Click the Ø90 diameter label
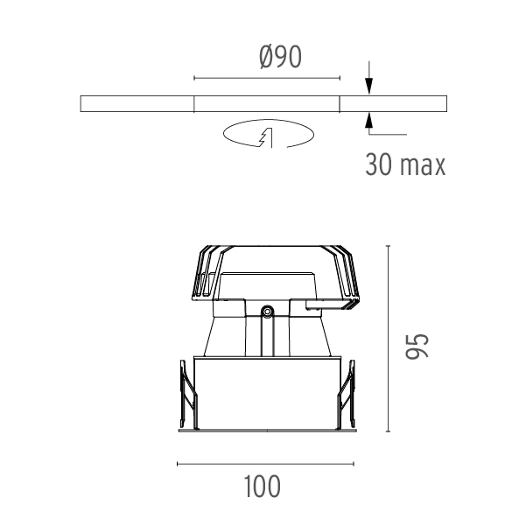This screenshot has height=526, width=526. click(280, 58)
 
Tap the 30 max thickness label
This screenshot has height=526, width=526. click(405, 165)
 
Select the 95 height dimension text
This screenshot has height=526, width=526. click(417, 347)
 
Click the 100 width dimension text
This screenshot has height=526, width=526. click(262, 487)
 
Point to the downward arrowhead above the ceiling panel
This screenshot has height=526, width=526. click(369, 86)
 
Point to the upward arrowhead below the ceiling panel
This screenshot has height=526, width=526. click(369, 121)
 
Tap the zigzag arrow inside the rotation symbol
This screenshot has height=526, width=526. click(266, 137)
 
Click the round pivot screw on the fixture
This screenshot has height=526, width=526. click(267, 312)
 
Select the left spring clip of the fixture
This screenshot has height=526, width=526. click(188, 395)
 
